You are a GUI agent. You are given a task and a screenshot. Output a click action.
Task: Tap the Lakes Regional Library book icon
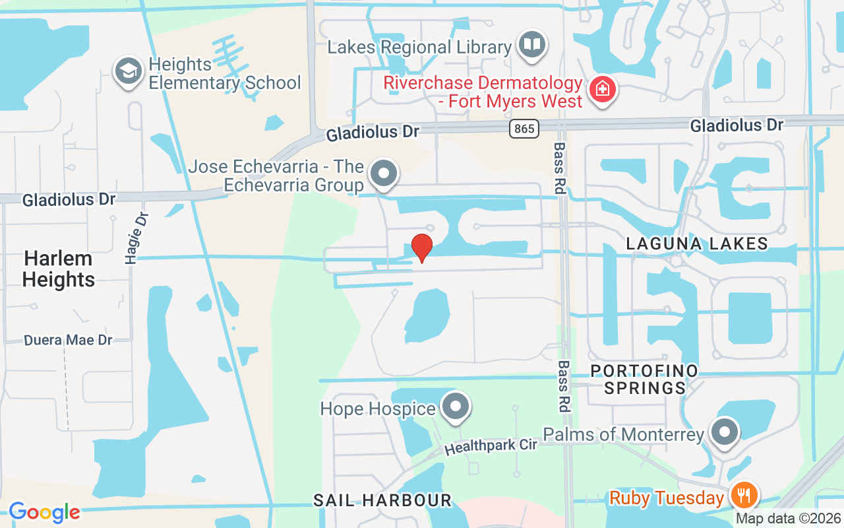pos(531,46)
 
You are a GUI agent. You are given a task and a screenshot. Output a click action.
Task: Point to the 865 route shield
pos(524,129)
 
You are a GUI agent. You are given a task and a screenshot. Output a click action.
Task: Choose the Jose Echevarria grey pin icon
pos(384,174)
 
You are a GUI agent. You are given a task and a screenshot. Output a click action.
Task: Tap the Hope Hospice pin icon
pos(455,407)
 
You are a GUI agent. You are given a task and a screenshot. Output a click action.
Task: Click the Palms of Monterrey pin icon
pos(725,433)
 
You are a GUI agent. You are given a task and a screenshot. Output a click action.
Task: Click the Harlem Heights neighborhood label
pos(59,269)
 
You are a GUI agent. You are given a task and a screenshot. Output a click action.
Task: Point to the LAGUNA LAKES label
pos(697,244)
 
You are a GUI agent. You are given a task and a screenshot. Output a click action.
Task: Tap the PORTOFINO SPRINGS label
pos(644,379)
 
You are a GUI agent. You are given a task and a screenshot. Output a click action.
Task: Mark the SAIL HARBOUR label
pos(382,500)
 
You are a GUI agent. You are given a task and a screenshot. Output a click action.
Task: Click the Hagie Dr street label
pos(136,238)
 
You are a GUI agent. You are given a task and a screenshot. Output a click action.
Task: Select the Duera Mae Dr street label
pos(68,341)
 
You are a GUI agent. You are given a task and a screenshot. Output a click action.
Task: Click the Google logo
pos(44,512)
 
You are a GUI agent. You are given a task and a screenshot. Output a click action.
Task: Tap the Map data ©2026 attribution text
pos(788,519)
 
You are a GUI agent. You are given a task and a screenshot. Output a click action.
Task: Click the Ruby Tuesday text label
pos(667,497)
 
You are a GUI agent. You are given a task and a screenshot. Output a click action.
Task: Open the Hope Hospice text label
pos(378,409)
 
